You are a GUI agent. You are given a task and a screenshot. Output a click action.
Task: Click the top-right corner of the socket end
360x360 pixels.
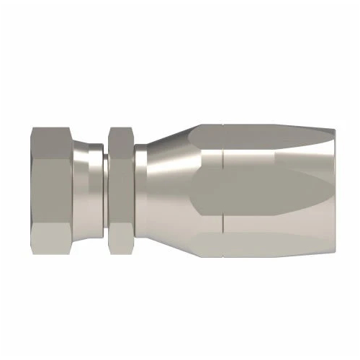(333, 131)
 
